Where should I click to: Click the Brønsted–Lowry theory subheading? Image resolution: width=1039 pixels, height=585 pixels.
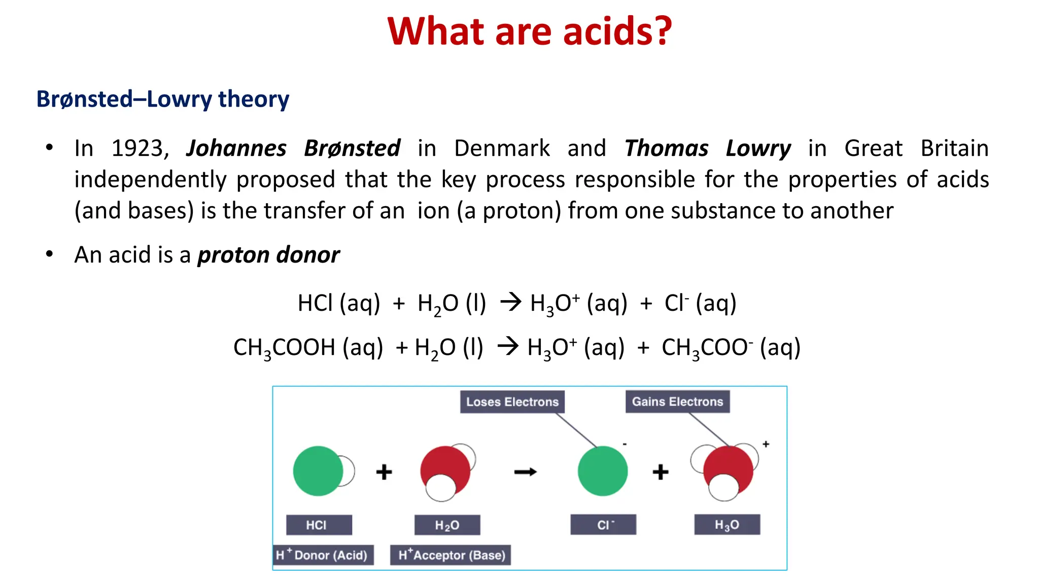coord(163,99)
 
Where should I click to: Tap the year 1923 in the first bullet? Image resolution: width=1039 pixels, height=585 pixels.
coord(137,149)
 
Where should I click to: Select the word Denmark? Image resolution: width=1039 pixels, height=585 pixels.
coord(502,149)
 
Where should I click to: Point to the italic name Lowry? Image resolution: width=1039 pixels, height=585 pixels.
coord(758,149)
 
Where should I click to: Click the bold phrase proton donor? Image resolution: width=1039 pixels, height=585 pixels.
coord(268,255)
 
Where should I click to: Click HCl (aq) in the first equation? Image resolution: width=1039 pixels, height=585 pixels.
coord(338,304)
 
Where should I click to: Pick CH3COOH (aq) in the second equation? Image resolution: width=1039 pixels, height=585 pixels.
coord(308,348)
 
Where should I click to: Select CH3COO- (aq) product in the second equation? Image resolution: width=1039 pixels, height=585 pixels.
coord(731,348)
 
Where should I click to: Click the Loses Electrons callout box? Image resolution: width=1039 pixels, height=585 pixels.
coord(512,402)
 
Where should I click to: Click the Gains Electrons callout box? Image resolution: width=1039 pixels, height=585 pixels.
coord(677,402)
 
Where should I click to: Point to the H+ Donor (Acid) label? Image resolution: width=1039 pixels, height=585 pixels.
coord(323,555)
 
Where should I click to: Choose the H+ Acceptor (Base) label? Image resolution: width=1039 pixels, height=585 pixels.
coord(451,555)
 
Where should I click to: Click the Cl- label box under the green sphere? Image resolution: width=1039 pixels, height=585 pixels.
coord(603,525)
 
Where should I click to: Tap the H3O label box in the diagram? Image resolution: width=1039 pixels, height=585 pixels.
coord(727,525)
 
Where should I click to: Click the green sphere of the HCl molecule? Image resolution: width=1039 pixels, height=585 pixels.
coord(317,471)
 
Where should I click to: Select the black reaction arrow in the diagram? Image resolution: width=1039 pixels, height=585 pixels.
coord(525,472)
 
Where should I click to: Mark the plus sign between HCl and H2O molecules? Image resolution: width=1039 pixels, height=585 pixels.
coord(384,472)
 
